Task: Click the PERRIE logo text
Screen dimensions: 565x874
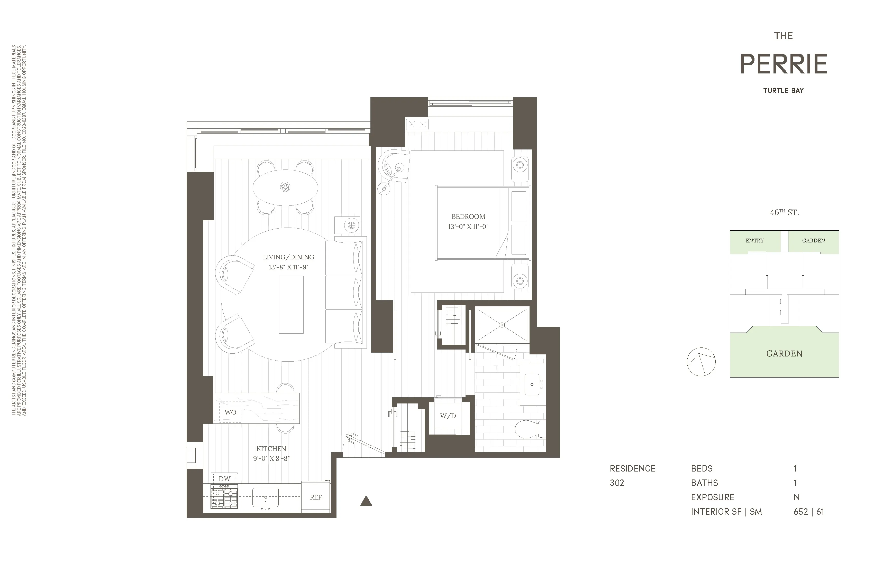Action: [783, 64]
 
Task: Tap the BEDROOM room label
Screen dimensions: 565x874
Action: [468, 216]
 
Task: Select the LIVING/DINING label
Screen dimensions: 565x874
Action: [288, 257]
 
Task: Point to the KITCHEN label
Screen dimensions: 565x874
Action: [271, 449]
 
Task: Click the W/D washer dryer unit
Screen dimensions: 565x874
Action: [448, 416]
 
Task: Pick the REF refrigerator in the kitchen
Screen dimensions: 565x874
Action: [315, 497]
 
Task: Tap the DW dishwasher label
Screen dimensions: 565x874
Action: [224, 479]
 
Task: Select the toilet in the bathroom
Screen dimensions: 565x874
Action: [529, 429]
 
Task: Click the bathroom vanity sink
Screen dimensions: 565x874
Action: [532, 384]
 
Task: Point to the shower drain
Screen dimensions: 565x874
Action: [502, 325]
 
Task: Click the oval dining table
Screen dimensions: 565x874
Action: [285, 187]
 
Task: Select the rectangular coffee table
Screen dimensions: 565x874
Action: [291, 305]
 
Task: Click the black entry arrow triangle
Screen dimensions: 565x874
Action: [366, 501]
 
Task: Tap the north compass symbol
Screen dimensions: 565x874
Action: [701, 362]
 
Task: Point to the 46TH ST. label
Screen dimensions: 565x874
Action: [784, 212]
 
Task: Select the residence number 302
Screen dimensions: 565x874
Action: [617, 483]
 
